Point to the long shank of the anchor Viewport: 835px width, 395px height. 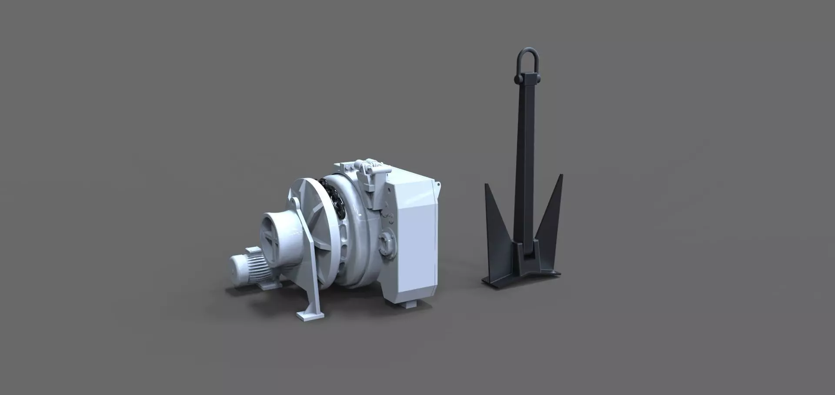pos(525,165)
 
